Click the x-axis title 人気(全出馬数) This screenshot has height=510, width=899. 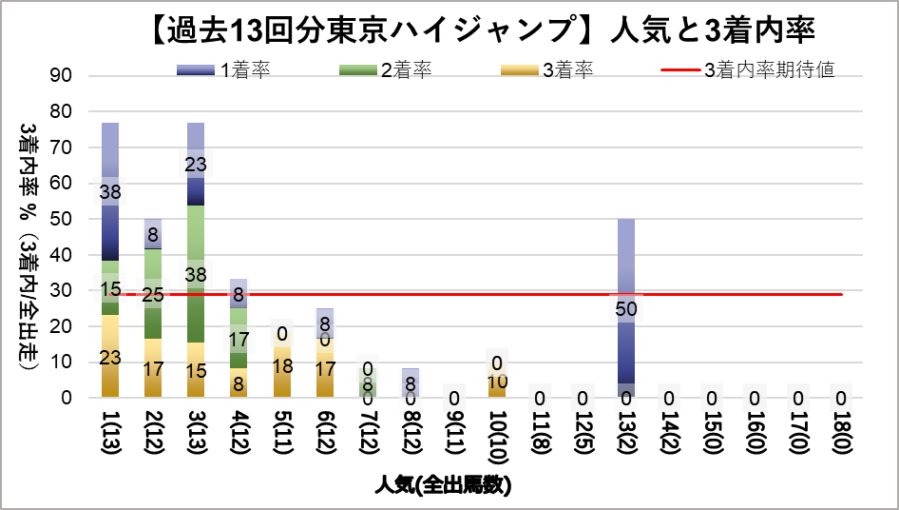coord(443,486)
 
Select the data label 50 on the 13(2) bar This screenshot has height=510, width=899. coord(625,309)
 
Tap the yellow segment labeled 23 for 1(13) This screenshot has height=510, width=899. coord(110,357)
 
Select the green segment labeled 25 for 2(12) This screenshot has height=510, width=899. coord(153,294)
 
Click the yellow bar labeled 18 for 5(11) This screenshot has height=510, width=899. coord(281,366)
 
